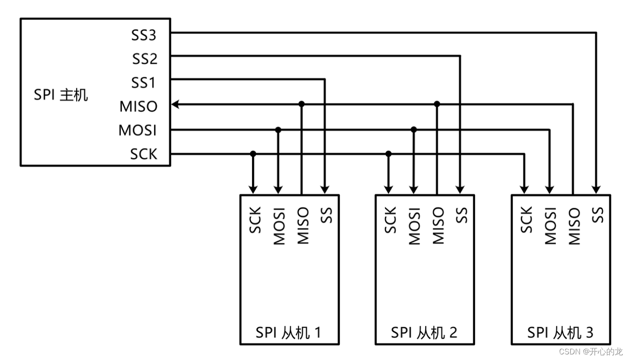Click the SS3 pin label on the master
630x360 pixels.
143,35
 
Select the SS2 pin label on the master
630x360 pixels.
144,59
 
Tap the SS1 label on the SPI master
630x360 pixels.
143,83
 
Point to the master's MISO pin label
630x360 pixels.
138,106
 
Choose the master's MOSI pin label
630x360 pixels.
137,130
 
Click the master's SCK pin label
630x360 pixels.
143,154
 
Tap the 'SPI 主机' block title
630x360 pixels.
61,95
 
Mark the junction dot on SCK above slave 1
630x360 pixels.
253,154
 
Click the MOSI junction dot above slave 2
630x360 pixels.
413,129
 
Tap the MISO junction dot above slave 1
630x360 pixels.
301,104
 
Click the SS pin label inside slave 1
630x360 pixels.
327,215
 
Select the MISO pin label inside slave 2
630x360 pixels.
438,226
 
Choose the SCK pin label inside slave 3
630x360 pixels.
526,220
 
